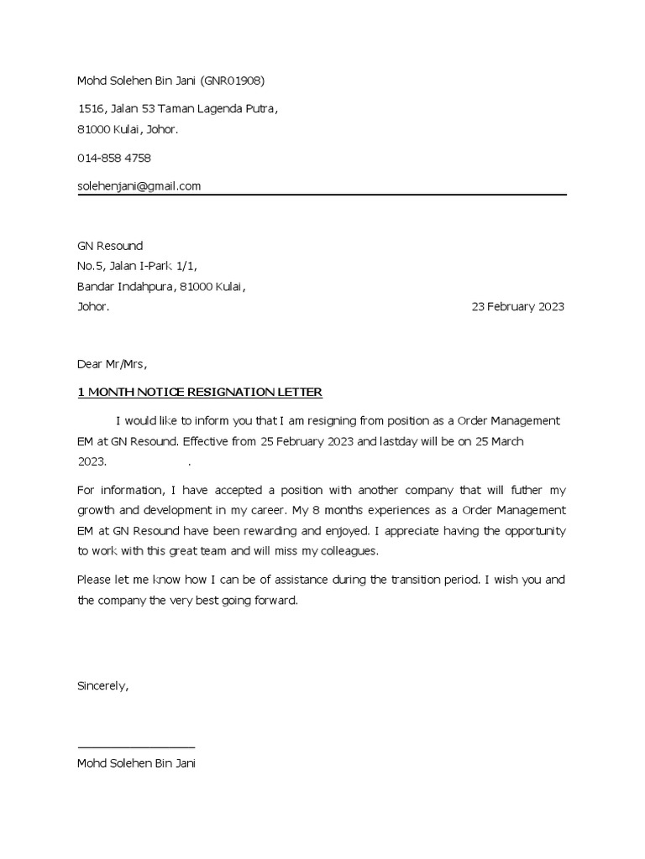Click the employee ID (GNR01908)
tap(238, 81)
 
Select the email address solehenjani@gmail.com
tap(139, 186)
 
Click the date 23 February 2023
tap(518, 307)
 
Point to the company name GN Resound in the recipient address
tap(110, 246)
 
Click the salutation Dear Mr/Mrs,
tap(112, 364)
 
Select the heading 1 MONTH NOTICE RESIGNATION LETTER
tap(199, 393)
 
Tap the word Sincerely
tap(102, 685)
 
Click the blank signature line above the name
tap(136, 746)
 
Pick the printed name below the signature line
tap(136, 764)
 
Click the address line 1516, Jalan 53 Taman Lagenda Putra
tap(177, 109)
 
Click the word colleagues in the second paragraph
tap(349, 551)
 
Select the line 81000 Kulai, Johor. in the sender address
tap(128, 129)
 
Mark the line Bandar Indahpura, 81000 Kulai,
tap(161, 287)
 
